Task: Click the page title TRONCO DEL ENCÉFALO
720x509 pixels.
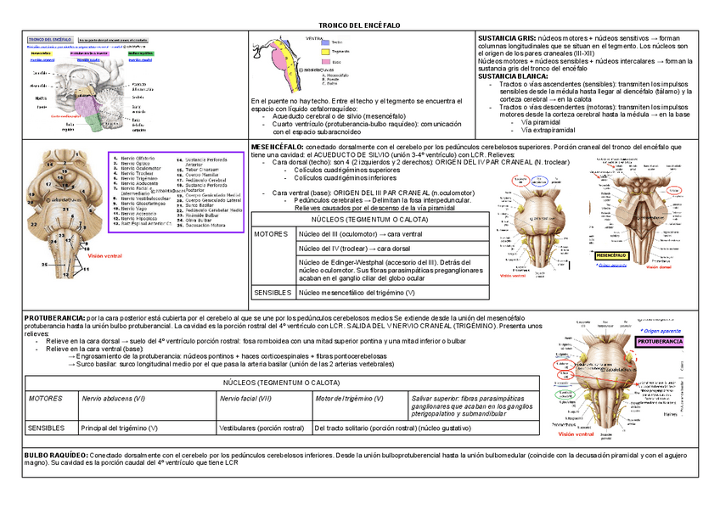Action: [359, 26]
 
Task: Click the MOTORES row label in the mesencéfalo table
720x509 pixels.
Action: [271, 233]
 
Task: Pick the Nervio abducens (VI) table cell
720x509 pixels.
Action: [112, 399]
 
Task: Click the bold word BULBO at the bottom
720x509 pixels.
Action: [37, 456]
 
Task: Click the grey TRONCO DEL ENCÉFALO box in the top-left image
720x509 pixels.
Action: [49, 40]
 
